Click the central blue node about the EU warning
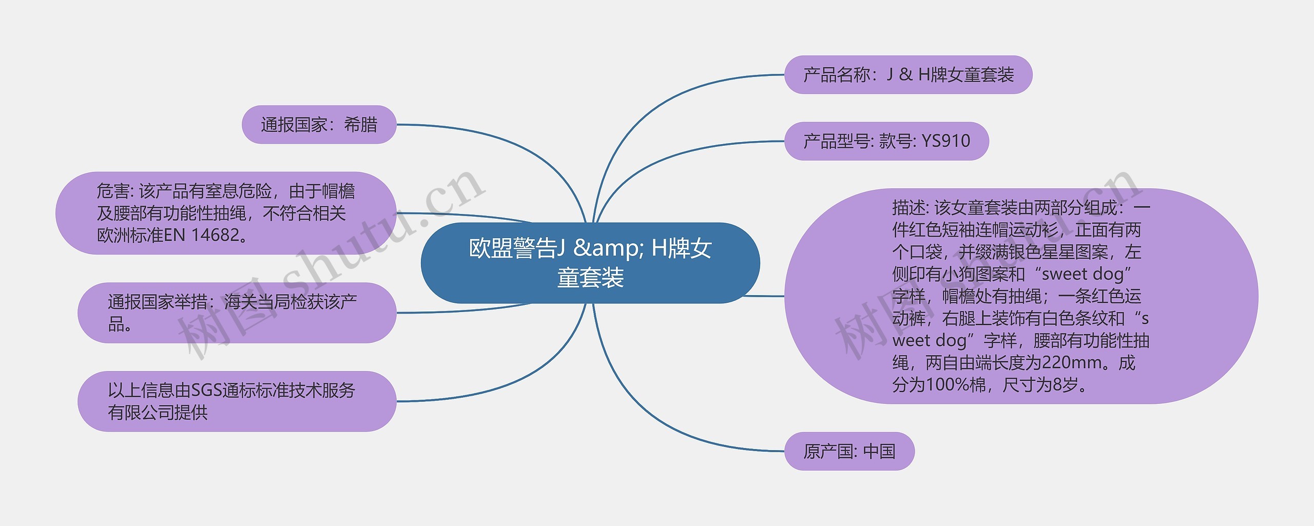(590, 263)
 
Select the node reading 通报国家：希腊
(319, 125)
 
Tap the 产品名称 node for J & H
(908, 75)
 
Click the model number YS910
(945, 141)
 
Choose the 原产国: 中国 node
(849, 452)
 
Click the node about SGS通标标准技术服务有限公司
(237, 401)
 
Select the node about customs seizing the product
(237, 313)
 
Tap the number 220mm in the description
(1068, 363)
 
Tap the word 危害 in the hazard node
(113, 191)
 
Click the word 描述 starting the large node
(909, 208)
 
